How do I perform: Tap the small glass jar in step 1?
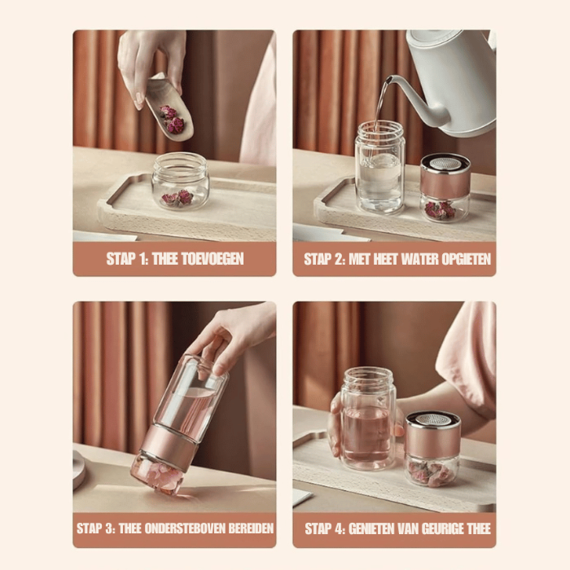click(x=180, y=181)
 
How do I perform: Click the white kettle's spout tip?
click(x=389, y=81)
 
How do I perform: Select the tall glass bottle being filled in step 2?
click(x=379, y=167)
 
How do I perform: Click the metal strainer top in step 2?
click(x=445, y=164)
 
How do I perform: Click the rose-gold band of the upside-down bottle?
click(x=169, y=444)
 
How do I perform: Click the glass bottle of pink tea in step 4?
click(x=368, y=419)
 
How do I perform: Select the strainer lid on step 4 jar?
click(x=432, y=423)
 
